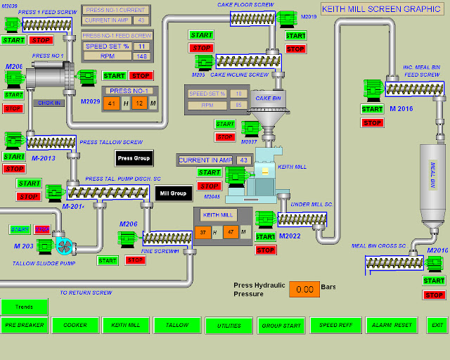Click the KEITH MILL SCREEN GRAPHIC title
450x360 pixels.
tap(380, 9)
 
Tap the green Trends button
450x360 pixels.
tap(24, 307)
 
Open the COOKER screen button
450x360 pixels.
tap(75, 325)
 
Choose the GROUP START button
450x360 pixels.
tap(281, 325)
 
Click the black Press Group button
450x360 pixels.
tap(134, 158)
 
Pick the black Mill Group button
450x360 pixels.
tap(173, 193)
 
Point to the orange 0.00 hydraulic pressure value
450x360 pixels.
tap(304, 289)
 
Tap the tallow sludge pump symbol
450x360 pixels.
tap(63, 246)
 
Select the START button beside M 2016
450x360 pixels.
tap(372, 109)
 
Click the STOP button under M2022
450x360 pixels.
tap(266, 250)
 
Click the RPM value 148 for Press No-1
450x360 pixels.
tap(140, 56)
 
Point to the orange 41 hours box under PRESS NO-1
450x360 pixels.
tap(110, 103)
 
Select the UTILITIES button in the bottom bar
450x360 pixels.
tap(229, 325)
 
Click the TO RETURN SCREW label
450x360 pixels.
tap(86, 292)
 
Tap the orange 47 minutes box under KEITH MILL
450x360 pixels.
tap(230, 232)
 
